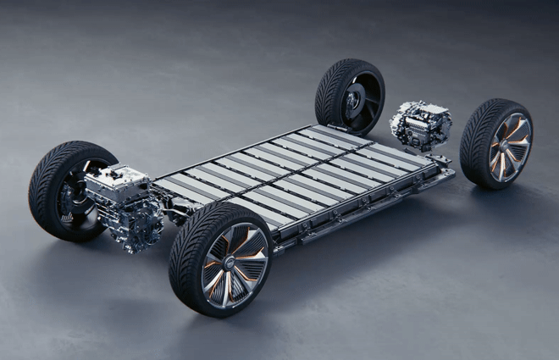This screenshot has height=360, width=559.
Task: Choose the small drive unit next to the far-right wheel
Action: click(x=420, y=125)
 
